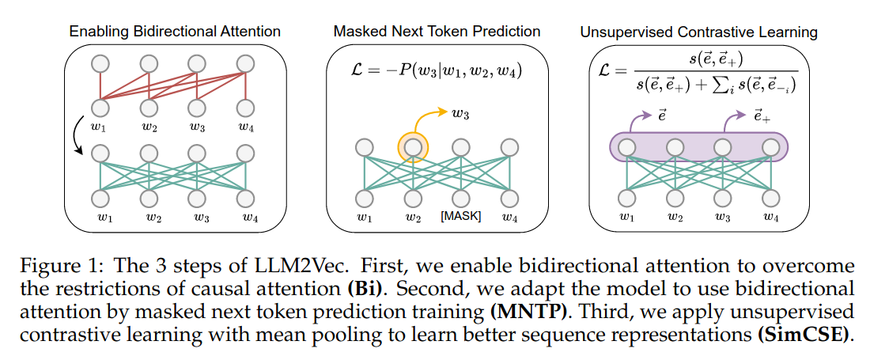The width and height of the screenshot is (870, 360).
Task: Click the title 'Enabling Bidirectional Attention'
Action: [175, 32]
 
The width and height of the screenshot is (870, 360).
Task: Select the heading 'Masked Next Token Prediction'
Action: [437, 32]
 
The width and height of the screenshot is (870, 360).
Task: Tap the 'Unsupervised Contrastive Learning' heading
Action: [698, 32]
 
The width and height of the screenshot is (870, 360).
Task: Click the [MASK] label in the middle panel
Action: [460, 216]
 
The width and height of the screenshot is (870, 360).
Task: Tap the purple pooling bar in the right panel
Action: [698, 147]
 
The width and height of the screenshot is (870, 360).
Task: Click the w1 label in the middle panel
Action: [364, 216]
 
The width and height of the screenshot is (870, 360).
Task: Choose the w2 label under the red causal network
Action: [148, 124]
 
